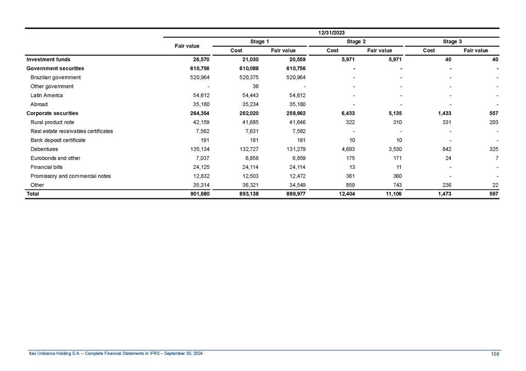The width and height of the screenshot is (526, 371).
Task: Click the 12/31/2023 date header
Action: point(331,32)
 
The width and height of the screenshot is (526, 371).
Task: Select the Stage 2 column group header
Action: point(356,41)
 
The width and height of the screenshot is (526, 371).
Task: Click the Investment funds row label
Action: point(49,59)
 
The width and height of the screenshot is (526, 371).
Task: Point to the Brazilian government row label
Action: point(56,77)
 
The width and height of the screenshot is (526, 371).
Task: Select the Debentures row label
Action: point(44,149)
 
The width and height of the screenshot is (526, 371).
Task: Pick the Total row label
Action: point(33,194)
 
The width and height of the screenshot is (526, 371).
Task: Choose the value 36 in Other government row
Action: point(254,86)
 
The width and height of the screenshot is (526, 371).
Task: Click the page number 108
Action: point(495,353)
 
